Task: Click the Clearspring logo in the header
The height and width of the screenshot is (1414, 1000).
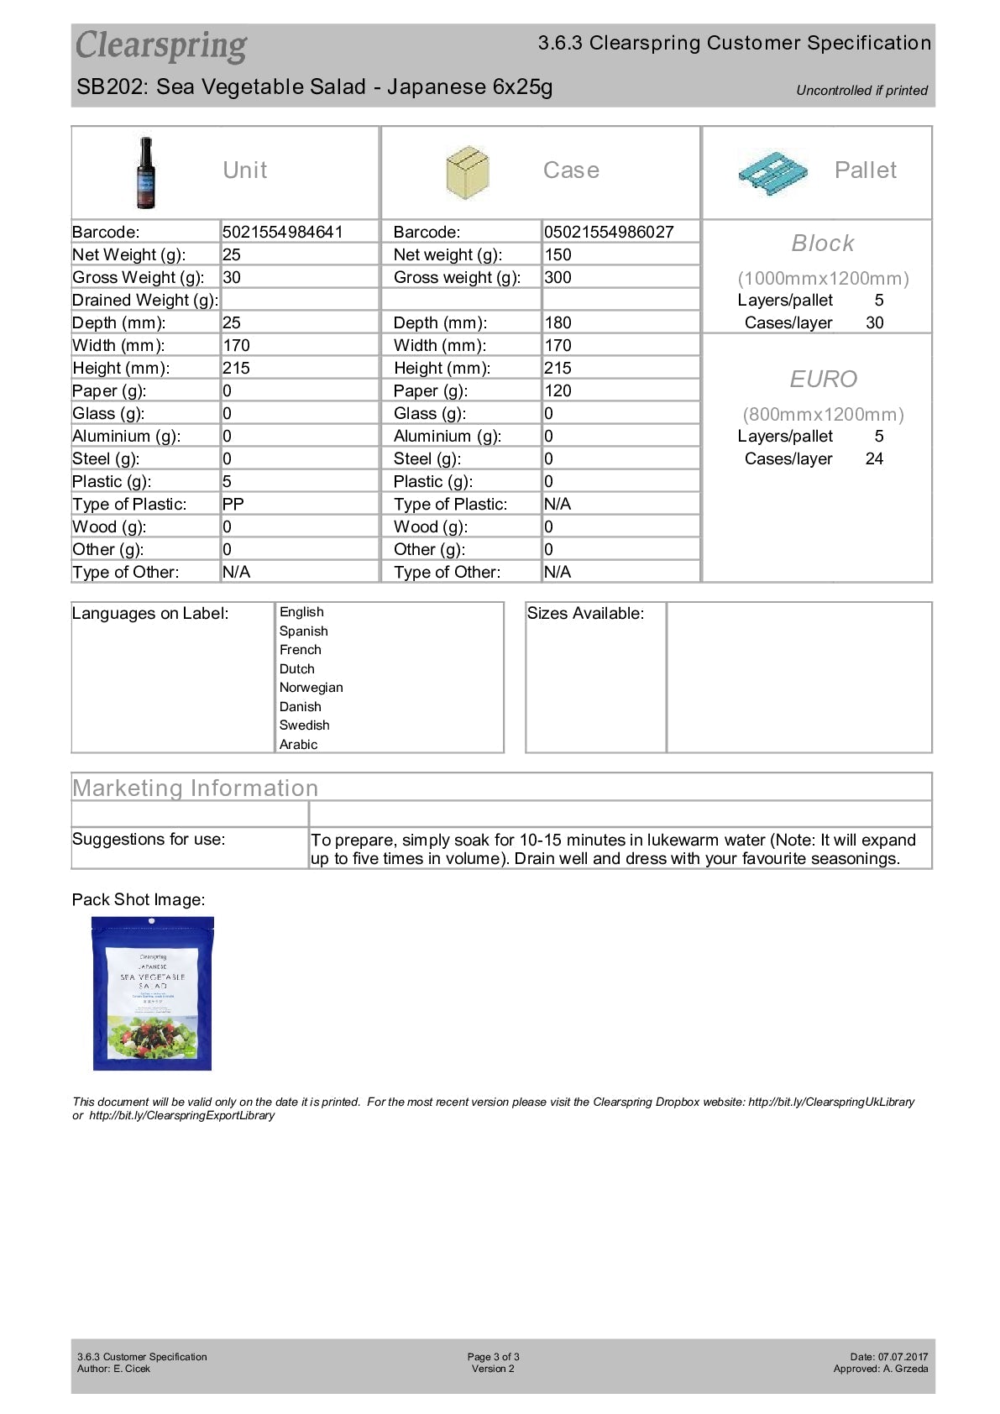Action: click(161, 46)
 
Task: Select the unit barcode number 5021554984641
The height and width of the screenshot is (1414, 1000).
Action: click(282, 232)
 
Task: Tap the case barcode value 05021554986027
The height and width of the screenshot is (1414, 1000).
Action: click(608, 232)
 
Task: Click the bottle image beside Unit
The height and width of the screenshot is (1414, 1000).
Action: click(146, 172)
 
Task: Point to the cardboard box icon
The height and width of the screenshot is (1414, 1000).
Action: click(467, 172)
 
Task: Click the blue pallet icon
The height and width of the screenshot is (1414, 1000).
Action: click(772, 173)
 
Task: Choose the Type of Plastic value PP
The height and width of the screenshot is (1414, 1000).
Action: click(233, 504)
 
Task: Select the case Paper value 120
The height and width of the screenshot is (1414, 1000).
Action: click(558, 390)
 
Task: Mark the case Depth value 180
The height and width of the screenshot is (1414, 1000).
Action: click(558, 322)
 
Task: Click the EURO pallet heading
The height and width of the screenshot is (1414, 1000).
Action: click(823, 380)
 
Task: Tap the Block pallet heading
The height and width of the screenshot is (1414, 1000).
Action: click(823, 244)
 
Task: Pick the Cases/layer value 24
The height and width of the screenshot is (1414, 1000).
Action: click(874, 458)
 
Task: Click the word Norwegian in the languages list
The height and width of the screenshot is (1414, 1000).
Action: click(311, 688)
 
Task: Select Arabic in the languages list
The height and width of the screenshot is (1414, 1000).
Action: click(298, 745)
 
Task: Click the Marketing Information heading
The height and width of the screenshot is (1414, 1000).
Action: click(196, 788)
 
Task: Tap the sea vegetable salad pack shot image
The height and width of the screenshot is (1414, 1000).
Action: click(152, 994)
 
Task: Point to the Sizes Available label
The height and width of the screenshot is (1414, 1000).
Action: click(585, 614)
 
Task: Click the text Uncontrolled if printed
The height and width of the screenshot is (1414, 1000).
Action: click(861, 91)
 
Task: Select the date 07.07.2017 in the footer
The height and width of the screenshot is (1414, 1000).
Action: click(903, 1356)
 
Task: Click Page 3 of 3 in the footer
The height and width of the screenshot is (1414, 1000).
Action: click(493, 1356)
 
